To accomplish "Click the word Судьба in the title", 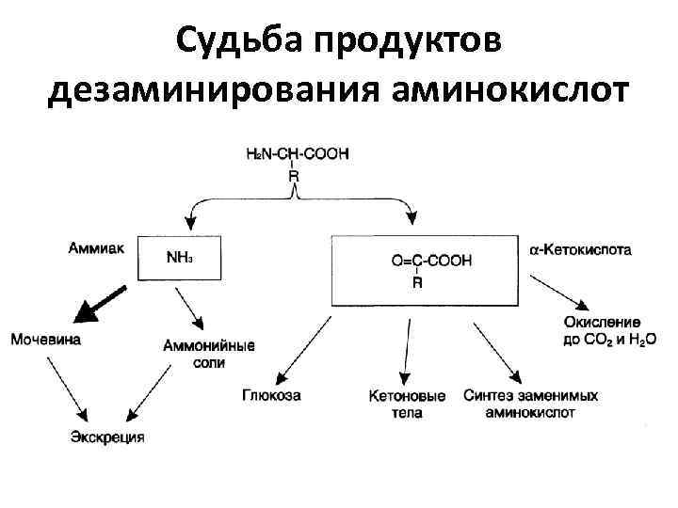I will [x=238, y=41].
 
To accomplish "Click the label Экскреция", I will [x=107, y=437].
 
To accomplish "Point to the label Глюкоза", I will [x=270, y=396].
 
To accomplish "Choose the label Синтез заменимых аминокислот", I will [x=530, y=404].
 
